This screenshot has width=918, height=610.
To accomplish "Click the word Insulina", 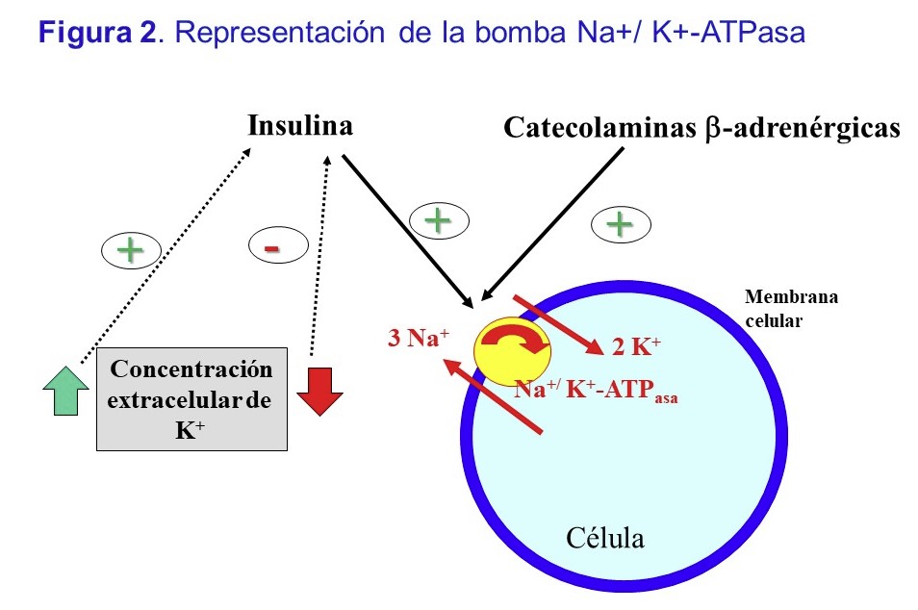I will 299,126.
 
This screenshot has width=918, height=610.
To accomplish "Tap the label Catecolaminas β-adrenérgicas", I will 701,128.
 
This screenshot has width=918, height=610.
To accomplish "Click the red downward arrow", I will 320,390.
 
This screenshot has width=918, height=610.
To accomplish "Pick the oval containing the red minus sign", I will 272,248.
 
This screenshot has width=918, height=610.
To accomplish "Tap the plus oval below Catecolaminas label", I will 618,224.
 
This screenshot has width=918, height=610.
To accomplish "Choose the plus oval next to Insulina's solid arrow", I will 439,221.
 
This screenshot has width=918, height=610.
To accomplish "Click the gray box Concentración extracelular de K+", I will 191,398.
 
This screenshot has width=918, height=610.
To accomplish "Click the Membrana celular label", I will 791,308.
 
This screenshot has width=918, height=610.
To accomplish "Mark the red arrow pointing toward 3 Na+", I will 491,397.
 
